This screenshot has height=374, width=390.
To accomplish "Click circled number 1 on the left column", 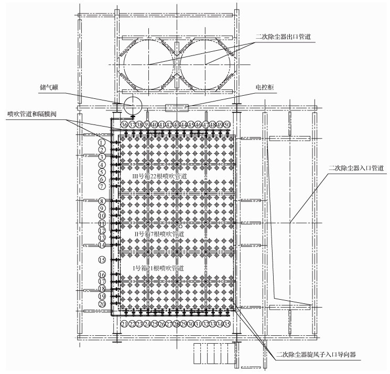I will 102,142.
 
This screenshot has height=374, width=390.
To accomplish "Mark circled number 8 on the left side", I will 102,201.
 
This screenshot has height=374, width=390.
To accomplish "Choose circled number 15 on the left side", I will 102,259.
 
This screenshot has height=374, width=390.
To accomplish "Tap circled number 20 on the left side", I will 102,304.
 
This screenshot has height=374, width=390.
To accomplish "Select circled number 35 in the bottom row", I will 227,324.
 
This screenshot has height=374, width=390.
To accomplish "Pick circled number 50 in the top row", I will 227,125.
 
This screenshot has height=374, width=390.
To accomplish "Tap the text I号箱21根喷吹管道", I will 156,268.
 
